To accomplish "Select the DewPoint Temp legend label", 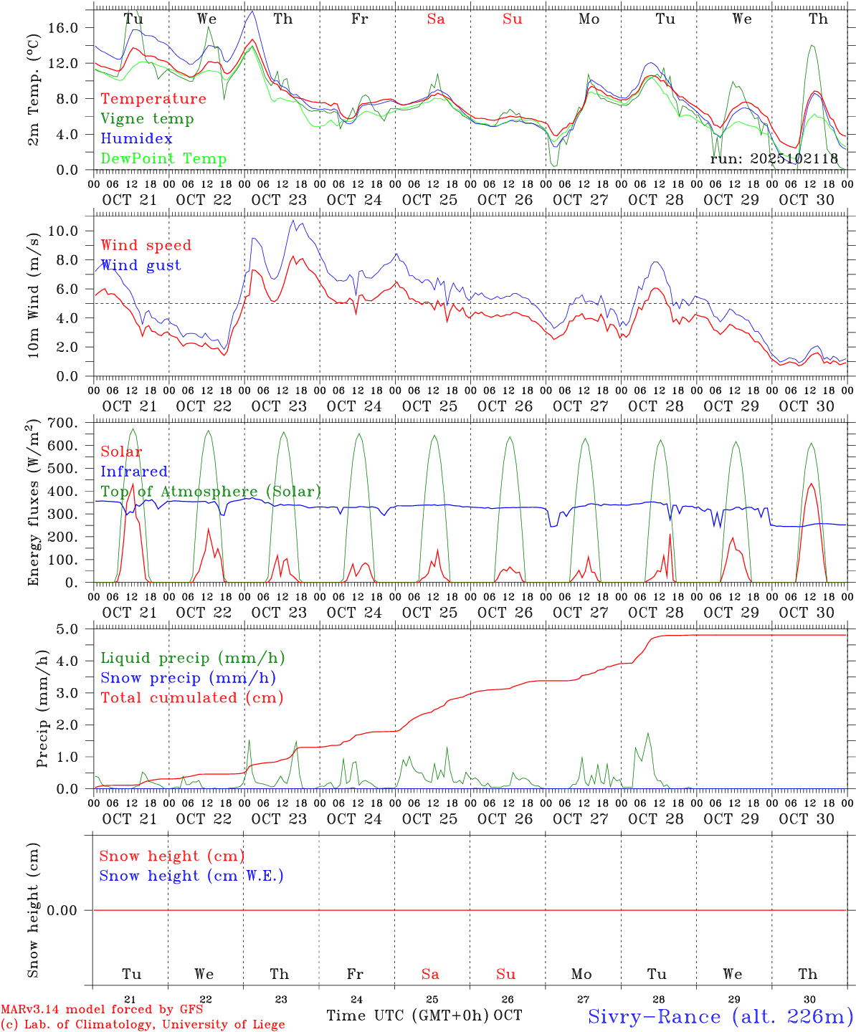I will tap(163, 159).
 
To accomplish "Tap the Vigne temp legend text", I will tap(147, 119).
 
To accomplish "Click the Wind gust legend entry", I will tap(141, 265).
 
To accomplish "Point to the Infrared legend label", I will tap(134, 472).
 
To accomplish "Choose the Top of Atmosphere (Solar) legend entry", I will tap(211, 492).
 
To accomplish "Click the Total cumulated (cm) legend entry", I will tap(191, 698).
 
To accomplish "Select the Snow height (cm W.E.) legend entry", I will tap(191, 876).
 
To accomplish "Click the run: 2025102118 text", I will tap(774, 158).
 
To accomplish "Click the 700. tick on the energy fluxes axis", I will tap(61, 423).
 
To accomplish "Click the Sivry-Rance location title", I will tap(720, 1016).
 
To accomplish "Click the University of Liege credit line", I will tap(143, 1024).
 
